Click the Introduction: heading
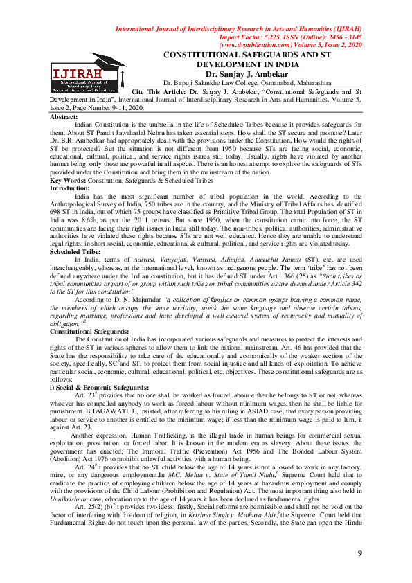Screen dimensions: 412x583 tap(70, 188)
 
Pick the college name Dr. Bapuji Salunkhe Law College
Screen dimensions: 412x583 tap(208, 82)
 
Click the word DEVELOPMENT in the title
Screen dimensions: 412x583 tap(231, 63)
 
